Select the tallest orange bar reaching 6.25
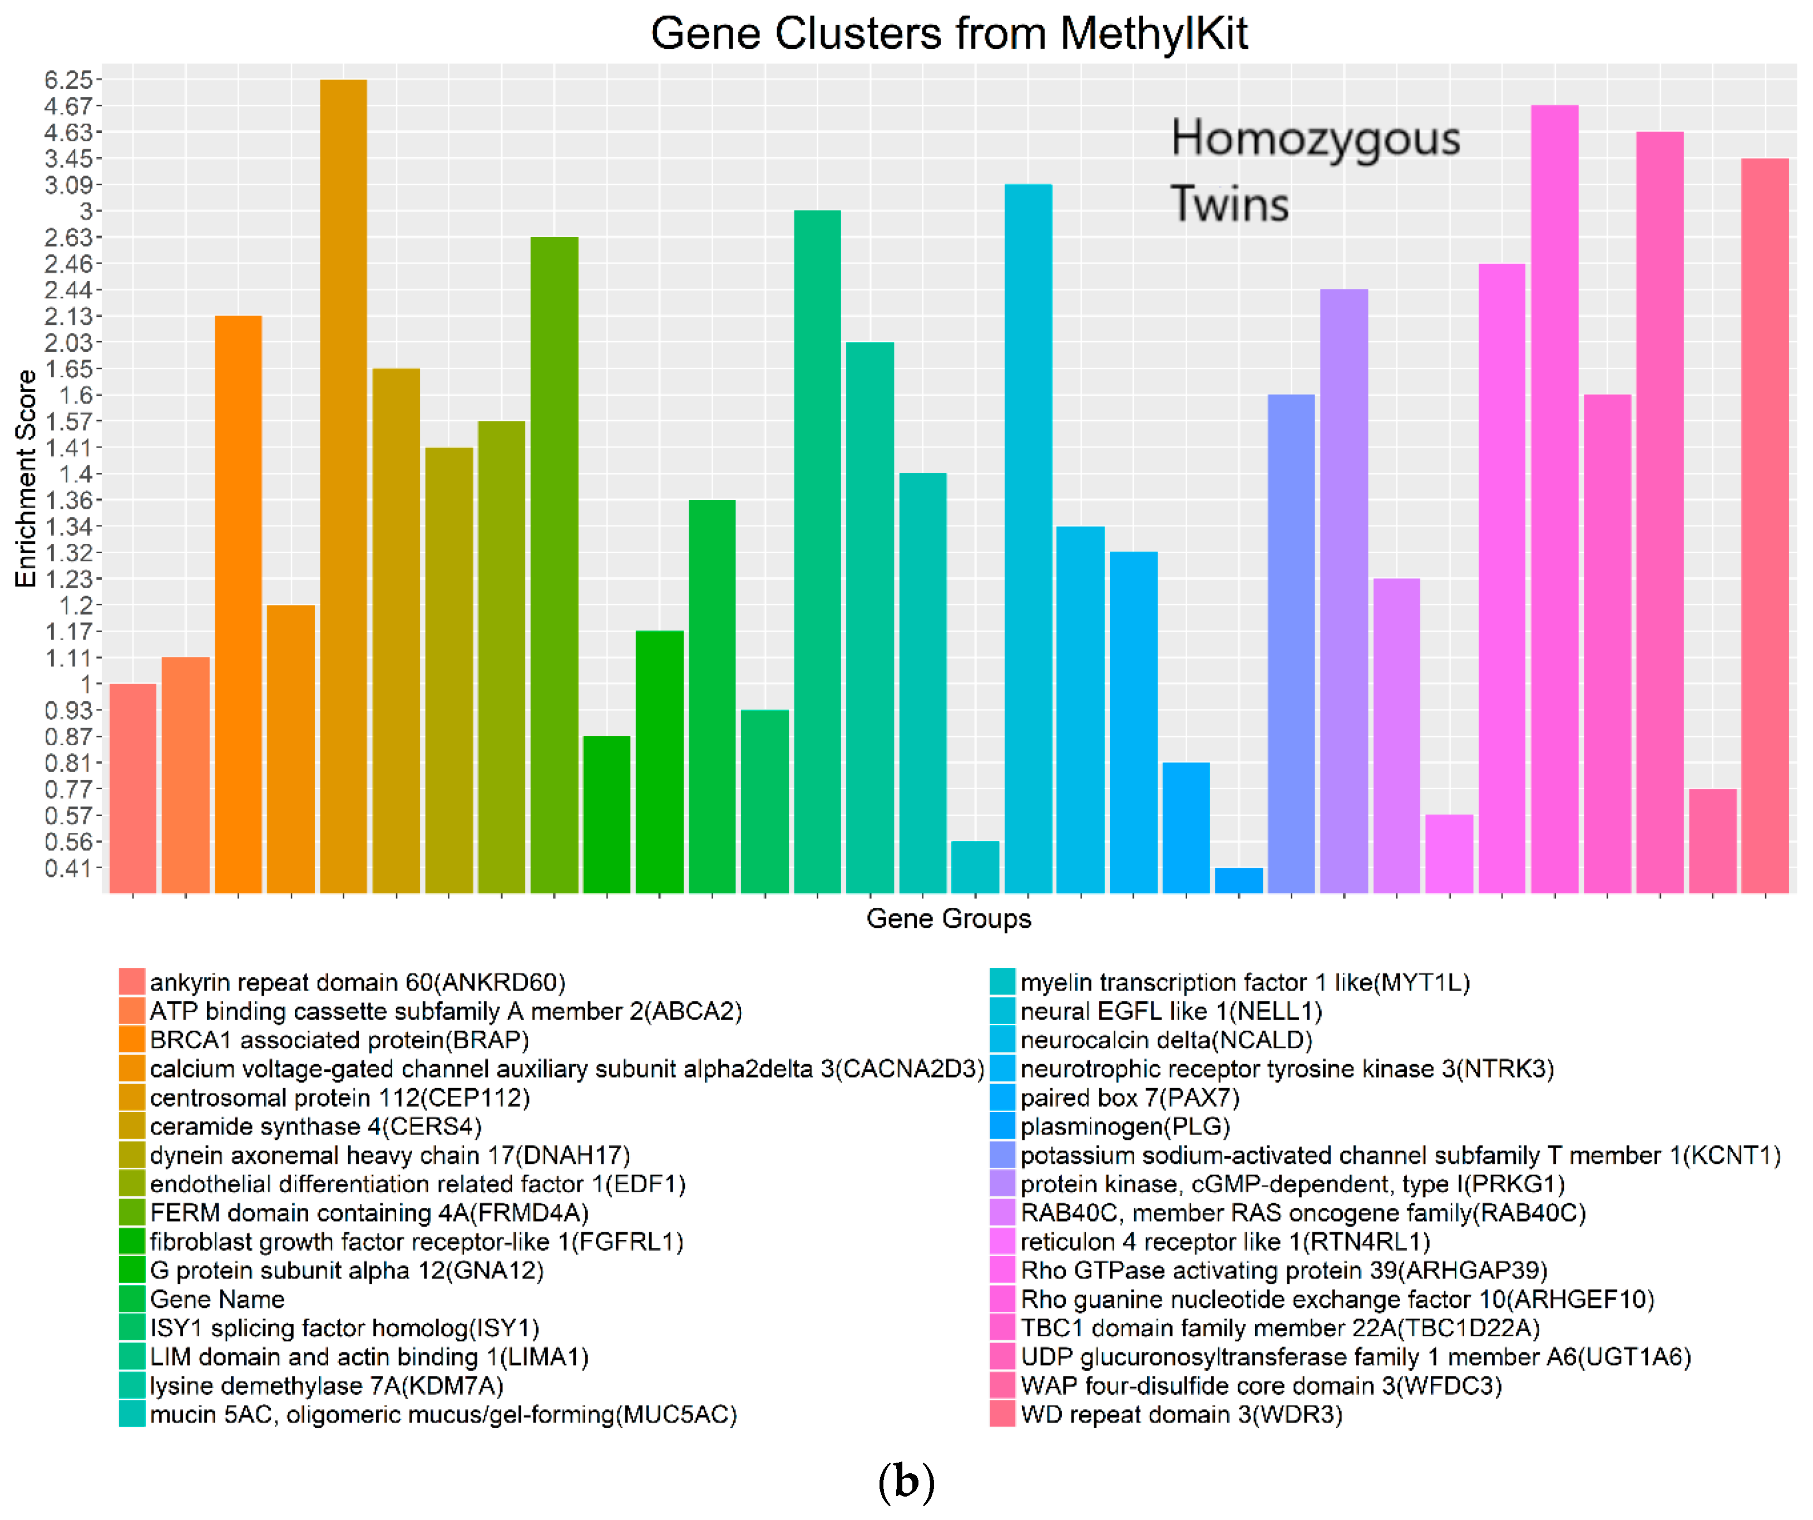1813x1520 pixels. [x=344, y=484]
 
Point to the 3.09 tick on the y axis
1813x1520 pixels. [x=68, y=185]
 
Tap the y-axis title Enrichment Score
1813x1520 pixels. [x=26, y=479]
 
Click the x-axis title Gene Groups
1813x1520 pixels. [x=948, y=918]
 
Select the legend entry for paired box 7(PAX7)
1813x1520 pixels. [x=1129, y=1098]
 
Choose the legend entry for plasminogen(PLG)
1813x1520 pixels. [x=1124, y=1126]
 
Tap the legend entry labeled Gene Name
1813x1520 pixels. [x=217, y=1299]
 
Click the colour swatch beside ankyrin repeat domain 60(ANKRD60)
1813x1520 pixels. [x=131, y=982]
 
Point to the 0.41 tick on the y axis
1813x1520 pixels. [x=68, y=868]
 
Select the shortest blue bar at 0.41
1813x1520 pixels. [x=1238, y=880]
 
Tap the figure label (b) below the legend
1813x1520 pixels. [x=906, y=1482]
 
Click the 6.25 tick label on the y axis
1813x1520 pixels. [x=68, y=80]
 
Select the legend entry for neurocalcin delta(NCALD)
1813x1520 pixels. [x=1165, y=1040]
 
